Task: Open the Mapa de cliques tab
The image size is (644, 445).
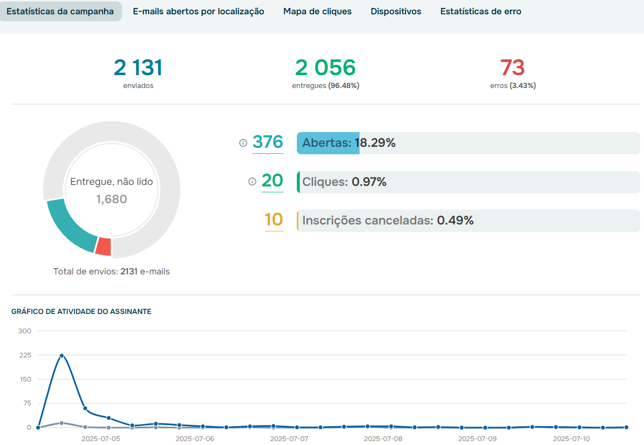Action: click(317, 11)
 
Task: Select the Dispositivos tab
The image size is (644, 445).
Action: click(396, 11)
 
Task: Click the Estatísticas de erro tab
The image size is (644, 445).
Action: click(481, 11)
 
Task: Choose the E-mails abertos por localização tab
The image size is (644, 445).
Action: click(199, 11)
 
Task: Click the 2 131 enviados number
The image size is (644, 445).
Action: click(138, 68)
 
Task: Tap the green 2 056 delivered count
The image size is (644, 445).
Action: click(325, 68)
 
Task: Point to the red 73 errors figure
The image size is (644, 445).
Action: click(512, 68)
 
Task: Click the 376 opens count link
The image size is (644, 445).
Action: click(268, 142)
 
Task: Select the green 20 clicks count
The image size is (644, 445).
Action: click(272, 180)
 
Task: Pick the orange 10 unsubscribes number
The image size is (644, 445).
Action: click(274, 220)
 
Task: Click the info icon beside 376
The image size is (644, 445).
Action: click(243, 143)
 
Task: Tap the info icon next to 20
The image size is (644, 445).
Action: click(252, 181)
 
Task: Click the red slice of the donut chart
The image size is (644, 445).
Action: click(103, 247)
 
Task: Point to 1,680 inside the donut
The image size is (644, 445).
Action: click(111, 199)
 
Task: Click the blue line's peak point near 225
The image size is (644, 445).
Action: click(62, 356)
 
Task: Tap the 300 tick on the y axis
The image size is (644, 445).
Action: click(25, 331)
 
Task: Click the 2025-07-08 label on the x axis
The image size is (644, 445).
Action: click(383, 439)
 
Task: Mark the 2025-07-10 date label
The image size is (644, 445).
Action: click(571, 439)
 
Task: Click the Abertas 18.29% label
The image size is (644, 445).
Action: click(349, 143)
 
